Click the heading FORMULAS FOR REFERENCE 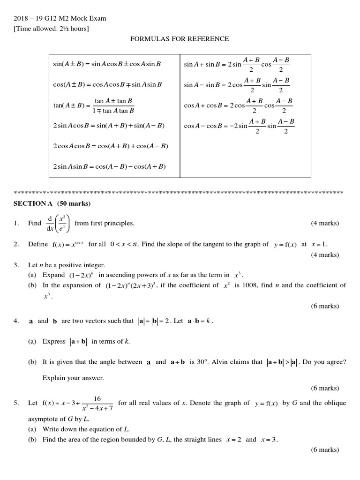pyautogui.click(x=180, y=39)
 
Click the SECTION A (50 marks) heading pyautogui.click(x=52, y=203)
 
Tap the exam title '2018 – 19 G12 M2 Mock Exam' pyautogui.click(x=60, y=19)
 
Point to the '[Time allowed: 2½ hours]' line pyautogui.click(x=52, y=29)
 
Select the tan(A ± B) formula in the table pyautogui.click(x=94, y=106)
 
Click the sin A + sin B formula pyautogui.click(x=237, y=65)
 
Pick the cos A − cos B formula pyautogui.click(x=240, y=126)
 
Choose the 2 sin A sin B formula pyautogui.click(x=110, y=166)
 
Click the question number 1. pyautogui.click(x=16, y=223)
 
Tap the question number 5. pyautogui.click(x=16, y=403)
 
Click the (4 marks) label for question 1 pyautogui.click(x=325, y=223)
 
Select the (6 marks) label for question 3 pyautogui.click(x=325, y=306)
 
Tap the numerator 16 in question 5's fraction pyautogui.click(x=97, y=398)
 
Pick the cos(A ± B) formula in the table pyautogui.click(x=107, y=85)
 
